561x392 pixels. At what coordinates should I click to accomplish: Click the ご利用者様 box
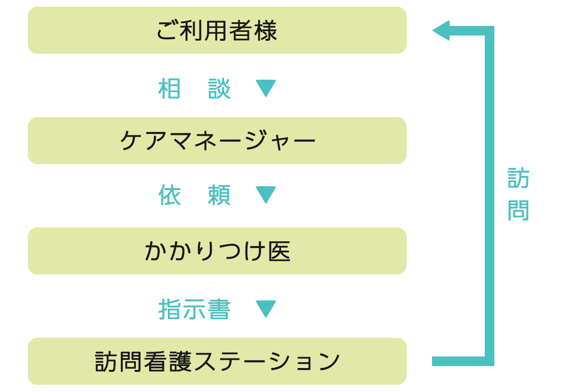[x=217, y=31]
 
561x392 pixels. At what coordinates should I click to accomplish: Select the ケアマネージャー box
[x=217, y=141]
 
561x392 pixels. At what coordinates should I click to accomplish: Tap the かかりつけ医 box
[x=217, y=251]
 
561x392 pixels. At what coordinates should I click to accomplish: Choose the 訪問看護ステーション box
[x=217, y=361]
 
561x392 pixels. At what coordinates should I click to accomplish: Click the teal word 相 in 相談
[x=169, y=89]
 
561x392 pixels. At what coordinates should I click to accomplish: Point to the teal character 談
[x=220, y=89]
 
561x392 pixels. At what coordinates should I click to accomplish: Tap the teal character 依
[x=170, y=195]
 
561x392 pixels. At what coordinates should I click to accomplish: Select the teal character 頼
[x=220, y=195]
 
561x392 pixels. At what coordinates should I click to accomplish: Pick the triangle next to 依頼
[x=265, y=194]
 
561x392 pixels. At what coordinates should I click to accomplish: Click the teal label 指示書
[x=194, y=309]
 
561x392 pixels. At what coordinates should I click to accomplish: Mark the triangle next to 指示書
[x=265, y=309]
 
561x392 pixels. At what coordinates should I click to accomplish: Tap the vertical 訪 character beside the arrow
[x=518, y=178]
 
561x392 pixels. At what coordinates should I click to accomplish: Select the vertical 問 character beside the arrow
[x=518, y=210]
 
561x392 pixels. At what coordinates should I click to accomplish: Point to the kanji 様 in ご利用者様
[x=266, y=31]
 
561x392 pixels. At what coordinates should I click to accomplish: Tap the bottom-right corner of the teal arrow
[x=489, y=361]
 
